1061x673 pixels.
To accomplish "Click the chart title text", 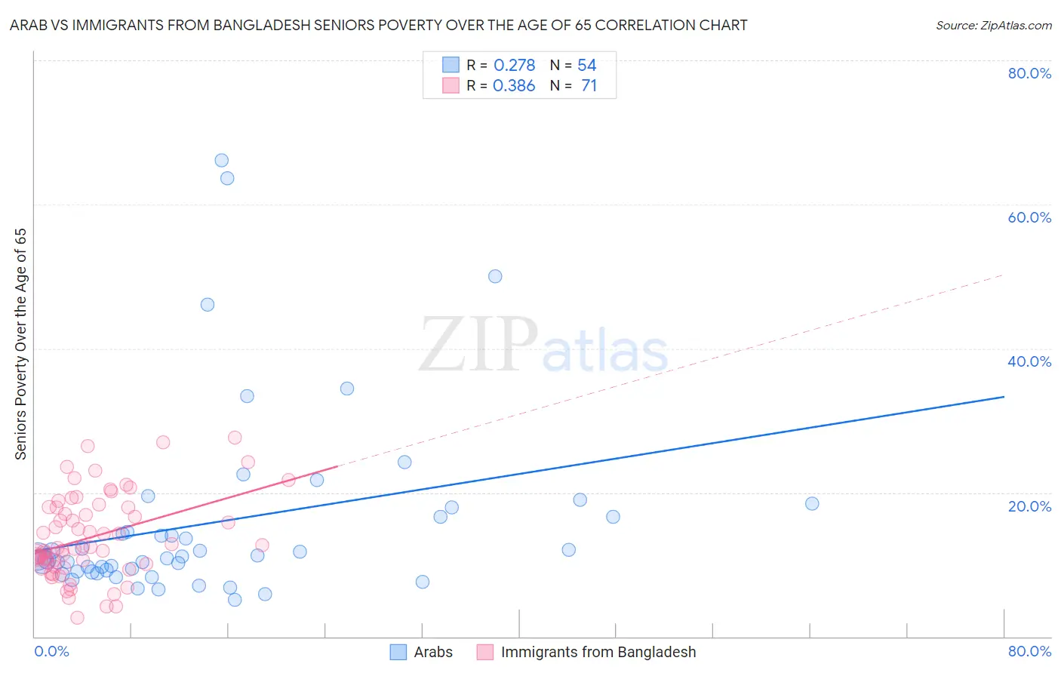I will click(378, 25).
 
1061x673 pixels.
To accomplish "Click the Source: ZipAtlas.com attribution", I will click(993, 25).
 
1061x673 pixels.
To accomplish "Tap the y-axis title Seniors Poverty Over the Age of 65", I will click(20, 344).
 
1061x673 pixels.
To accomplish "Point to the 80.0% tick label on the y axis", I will click(1029, 73).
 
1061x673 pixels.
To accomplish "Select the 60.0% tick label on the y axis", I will click(1029, 217).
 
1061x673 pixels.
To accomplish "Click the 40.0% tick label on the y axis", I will click(1029, 361).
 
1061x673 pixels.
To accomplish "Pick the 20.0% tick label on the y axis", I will click(1029, 506).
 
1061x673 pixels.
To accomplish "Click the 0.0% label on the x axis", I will click(51, 651).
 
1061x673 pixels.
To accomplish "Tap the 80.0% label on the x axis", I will click(1029, 651).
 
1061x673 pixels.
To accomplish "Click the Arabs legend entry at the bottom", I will click(432, 652).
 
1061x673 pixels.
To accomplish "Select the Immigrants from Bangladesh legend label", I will click(598, 652).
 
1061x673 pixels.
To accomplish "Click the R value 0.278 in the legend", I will click(514, 66).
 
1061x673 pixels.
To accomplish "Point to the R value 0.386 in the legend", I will click(514, 86).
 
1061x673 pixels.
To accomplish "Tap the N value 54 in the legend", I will click(587, 66).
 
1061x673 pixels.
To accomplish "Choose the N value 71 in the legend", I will click(589, 86).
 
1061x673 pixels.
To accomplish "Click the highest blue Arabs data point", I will click(221, 160).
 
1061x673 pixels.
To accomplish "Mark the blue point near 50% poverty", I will click(495, 276).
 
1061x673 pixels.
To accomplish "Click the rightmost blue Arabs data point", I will click(812, 504).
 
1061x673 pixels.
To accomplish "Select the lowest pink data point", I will click(77, 618).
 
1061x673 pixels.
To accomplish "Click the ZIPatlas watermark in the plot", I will click(543, 346).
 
